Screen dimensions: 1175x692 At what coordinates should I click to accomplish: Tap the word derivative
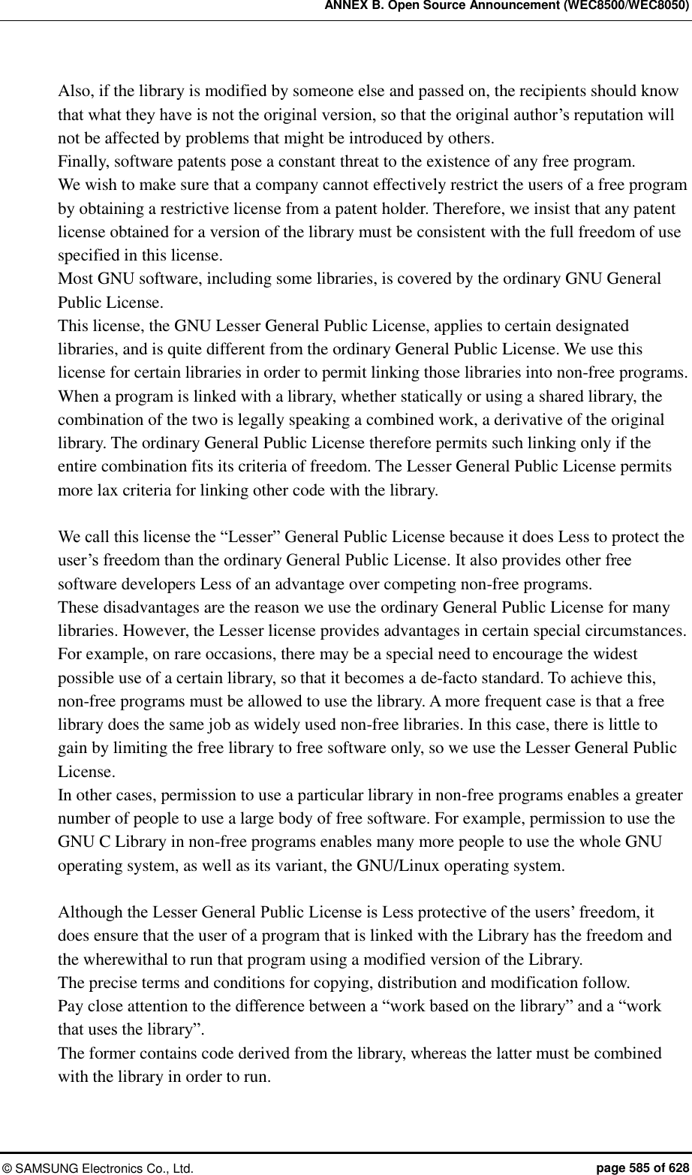click(x=516, y=419)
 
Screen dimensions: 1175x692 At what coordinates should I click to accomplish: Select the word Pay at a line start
click(x=70, y=1005)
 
